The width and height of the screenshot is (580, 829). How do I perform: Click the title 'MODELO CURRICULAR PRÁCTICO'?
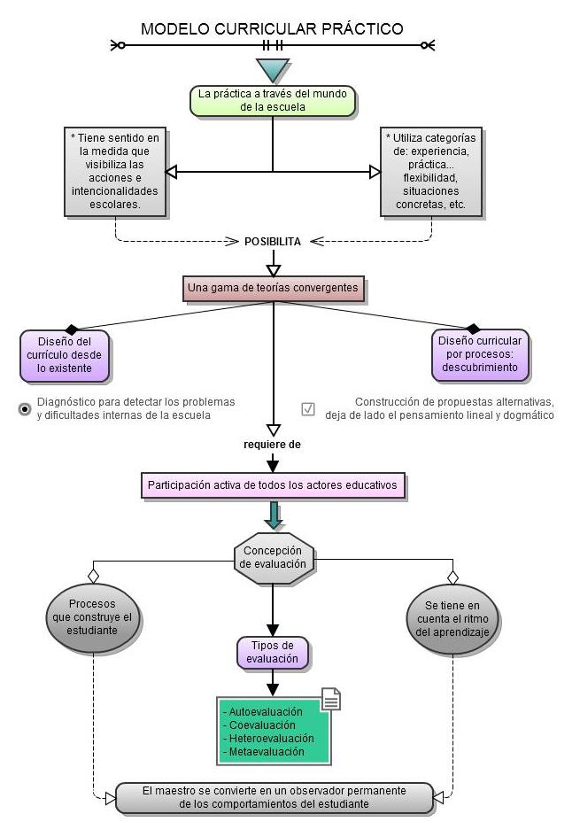[x=272, y=29]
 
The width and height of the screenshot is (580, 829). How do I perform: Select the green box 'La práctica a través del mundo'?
[x=273, y=100]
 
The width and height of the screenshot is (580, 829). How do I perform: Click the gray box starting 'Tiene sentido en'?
[x=116, y=171]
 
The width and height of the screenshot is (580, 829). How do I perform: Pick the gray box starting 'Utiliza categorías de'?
[x=431, y=171]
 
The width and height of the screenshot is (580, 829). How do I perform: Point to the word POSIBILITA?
[x=273, y=241]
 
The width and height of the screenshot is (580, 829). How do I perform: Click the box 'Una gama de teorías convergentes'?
[x=273, y=288]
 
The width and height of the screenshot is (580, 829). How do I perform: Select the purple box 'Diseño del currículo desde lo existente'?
[x=65, y=354]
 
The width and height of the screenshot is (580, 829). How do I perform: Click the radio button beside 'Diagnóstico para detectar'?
[x=25, y=408]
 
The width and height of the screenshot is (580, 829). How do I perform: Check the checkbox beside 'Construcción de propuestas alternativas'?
[x=308, y=408]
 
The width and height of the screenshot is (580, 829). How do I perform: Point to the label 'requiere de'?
[x=273, y=445]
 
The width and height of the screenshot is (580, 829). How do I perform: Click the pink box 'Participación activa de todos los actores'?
[x=273, y=485]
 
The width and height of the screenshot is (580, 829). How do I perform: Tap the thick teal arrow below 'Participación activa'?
[x=274, y=515]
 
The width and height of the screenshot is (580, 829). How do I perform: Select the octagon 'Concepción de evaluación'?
[x=274, y=557]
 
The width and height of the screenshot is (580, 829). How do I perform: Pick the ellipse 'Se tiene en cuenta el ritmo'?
[x=454, y=618]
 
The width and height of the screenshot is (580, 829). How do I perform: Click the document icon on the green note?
[x=330, y=699]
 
